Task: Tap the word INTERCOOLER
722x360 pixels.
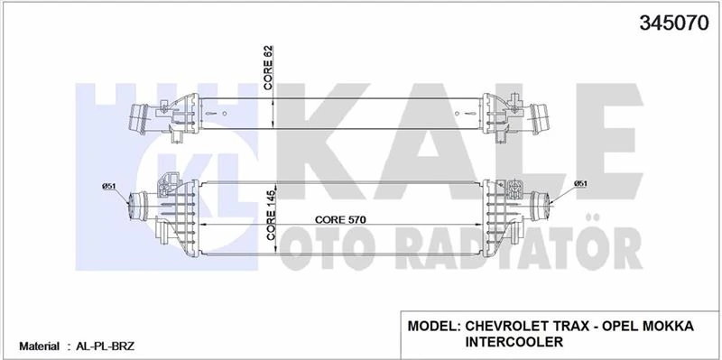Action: click(x=515, y=342)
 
